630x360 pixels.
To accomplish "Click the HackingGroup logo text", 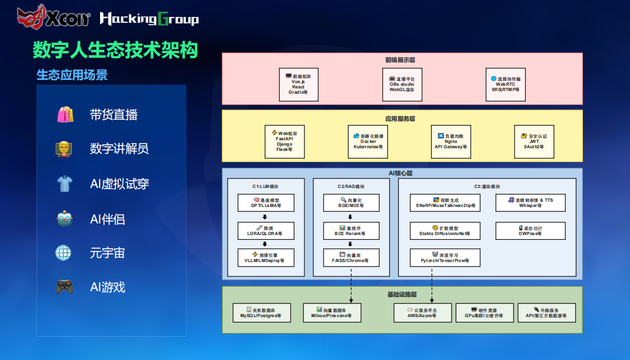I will pos(149,20).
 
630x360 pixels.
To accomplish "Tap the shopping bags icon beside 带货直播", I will pos(65,114).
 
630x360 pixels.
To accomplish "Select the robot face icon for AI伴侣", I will pos(65,219).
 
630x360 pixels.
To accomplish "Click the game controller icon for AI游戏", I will pos(65,287).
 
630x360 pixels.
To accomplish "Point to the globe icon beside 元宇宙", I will pos(64,253).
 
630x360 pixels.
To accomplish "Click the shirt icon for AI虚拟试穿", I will pos(65,184).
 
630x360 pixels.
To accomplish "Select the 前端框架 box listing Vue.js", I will pos(298,84).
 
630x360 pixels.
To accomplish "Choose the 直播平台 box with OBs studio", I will pos(402,84).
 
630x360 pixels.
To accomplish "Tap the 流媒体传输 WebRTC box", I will pos(505,84).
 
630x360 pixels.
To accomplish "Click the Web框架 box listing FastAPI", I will pos(284,141).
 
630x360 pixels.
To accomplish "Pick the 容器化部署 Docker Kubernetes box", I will pos(368,141).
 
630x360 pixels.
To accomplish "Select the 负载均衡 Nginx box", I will pos(451,141).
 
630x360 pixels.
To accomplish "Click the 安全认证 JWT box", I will pos(534,141).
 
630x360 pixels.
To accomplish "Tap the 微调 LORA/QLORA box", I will pos(265,230).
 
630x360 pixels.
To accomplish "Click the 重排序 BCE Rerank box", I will pos(351,230).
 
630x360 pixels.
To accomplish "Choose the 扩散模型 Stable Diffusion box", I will pos(445,230).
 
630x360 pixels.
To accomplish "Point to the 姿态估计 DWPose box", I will pos(530,230).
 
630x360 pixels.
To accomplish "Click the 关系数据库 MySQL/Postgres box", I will pos(262,312).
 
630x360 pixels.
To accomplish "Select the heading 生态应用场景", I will pos(72,75).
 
